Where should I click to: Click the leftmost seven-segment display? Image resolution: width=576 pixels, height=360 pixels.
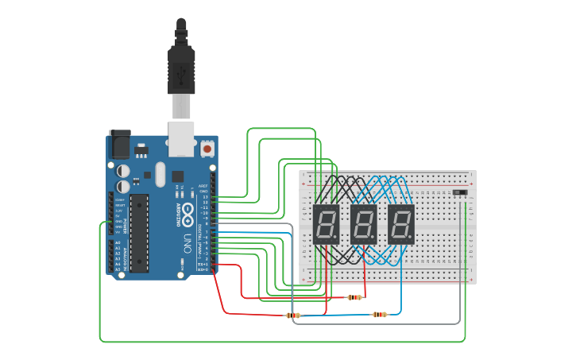tap(327, 224)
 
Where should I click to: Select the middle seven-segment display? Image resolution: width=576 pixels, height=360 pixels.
tap(364, 224)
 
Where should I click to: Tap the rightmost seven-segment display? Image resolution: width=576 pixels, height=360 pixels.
tap(401, 224)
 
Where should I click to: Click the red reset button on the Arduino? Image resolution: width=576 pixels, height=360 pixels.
tap(207, 148)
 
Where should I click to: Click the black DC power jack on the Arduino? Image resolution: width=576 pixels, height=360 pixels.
tap(119, 144)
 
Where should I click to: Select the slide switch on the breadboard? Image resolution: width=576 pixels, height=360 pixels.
tap(459, 192)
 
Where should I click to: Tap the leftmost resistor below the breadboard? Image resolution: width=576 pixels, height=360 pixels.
tap(293, 315)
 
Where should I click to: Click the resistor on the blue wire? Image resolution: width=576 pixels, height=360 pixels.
tap(380, 315)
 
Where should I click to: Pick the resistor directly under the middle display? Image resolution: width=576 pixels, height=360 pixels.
tap(354, 297)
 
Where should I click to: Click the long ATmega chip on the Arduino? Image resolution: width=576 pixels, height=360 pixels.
tap(139, 232)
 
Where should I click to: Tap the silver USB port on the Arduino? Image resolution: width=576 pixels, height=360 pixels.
tap(182, 138)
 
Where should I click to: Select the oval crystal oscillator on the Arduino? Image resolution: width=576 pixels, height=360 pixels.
tap(160, 174)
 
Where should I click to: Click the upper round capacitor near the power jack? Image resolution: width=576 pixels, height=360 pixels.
tap(124, 170)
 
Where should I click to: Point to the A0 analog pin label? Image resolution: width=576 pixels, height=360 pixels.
tap(118, 243)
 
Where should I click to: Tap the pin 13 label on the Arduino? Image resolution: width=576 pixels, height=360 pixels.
tap(203, 196)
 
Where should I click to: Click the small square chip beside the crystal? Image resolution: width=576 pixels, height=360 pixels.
tap(177, 176)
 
